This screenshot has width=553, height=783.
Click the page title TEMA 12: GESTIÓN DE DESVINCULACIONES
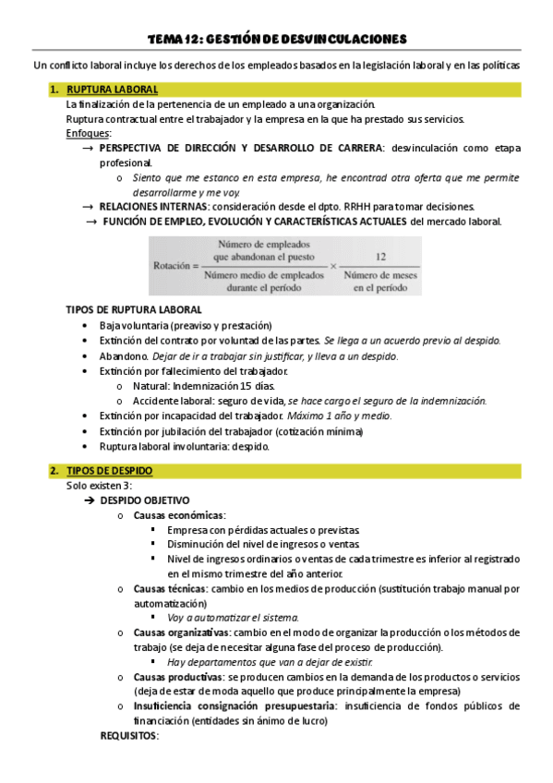coord(277,39)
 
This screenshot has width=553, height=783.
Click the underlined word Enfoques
coord(89,133)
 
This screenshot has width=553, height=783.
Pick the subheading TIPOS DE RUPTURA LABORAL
coord(134,309)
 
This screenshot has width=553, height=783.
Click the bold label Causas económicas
coord(178,514)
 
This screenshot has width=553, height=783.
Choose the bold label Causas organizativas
coord(181,632)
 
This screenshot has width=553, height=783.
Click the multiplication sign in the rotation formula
coord(332,265)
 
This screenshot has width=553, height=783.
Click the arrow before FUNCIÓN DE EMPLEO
coord(91,222)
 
